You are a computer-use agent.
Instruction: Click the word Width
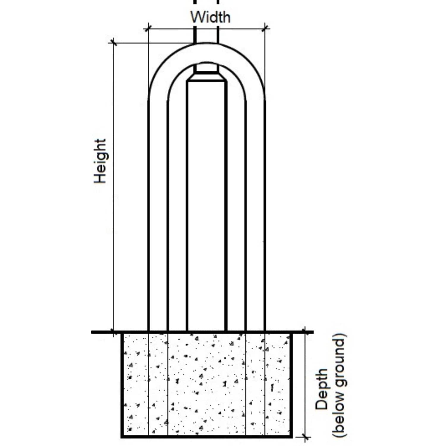pos(210,17)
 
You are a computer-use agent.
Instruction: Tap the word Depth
pos(321,390)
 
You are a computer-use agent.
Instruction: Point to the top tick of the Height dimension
pos(113,43)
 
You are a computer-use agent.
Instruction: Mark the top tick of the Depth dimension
pos(304,332)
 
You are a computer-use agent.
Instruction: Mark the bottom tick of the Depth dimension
pos(304,437)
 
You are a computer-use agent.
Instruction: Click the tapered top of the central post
pos(207,77)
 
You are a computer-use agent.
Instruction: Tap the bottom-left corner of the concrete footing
pos(122,437)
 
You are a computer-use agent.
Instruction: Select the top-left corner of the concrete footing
pos(122,333)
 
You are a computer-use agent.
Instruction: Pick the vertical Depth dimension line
pos(304,384)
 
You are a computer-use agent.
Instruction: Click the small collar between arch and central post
pos(207,69)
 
